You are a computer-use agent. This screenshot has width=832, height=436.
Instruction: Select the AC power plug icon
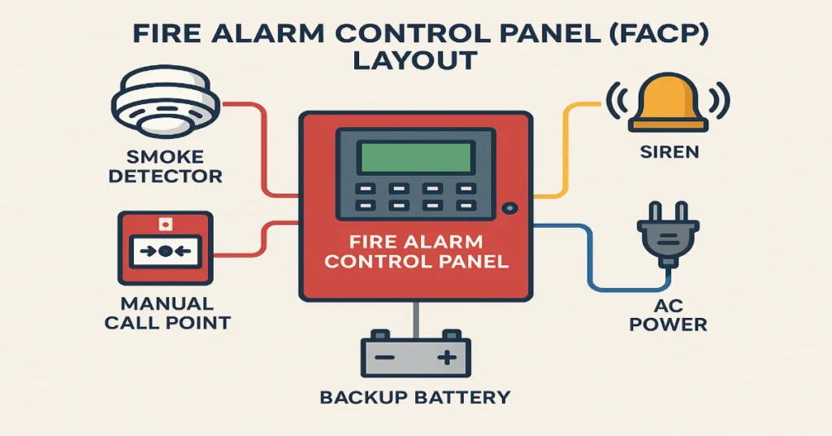point(665,236)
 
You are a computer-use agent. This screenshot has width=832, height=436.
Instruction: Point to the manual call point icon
point(165,250)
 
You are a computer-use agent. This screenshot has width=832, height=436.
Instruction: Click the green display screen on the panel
point(415,156)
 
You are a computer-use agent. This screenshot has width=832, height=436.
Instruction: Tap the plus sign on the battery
point(446,358)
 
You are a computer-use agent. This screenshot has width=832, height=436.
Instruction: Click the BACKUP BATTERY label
point(414,398)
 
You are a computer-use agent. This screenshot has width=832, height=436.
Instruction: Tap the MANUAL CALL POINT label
point(167,313)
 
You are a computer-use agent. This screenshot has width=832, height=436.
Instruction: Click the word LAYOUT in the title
point(415,61)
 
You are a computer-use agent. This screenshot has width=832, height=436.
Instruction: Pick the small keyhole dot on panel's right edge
point(509,208)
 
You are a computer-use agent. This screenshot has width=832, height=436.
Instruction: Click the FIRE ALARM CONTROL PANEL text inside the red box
point(416,252)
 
